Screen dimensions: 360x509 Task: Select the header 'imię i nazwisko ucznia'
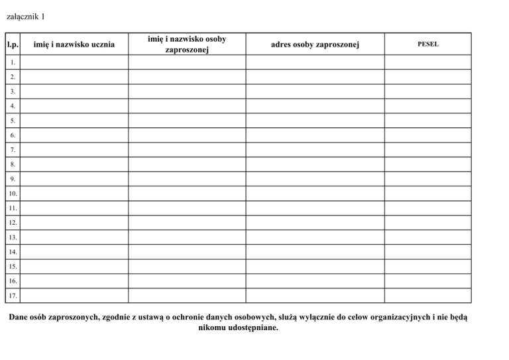click(74, 44)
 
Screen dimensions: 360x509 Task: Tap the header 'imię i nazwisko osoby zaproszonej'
click(186, 44)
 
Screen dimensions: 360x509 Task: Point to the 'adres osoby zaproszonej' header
click(315, 44)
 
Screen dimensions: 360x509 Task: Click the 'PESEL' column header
click(427, 44)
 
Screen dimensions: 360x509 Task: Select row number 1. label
click(13, 62)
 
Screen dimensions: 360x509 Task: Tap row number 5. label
click(13, 121)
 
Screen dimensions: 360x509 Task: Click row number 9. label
click(13, 179)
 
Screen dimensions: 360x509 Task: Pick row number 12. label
click(14, 223)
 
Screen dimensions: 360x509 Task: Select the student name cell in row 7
click(76, 150)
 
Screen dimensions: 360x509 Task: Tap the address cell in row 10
click(315, 194)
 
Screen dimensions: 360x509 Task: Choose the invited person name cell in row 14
click(186, 252)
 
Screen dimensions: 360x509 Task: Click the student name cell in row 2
click(76, 77)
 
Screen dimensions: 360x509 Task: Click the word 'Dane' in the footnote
click(19, 317)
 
